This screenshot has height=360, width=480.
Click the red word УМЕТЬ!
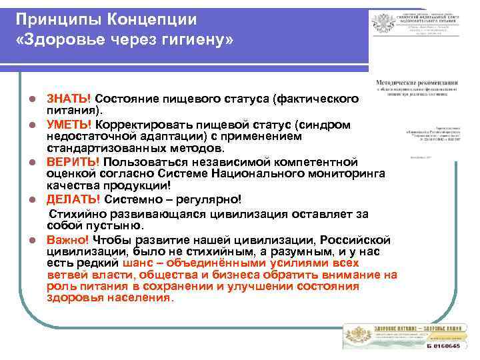click(70, 125)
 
